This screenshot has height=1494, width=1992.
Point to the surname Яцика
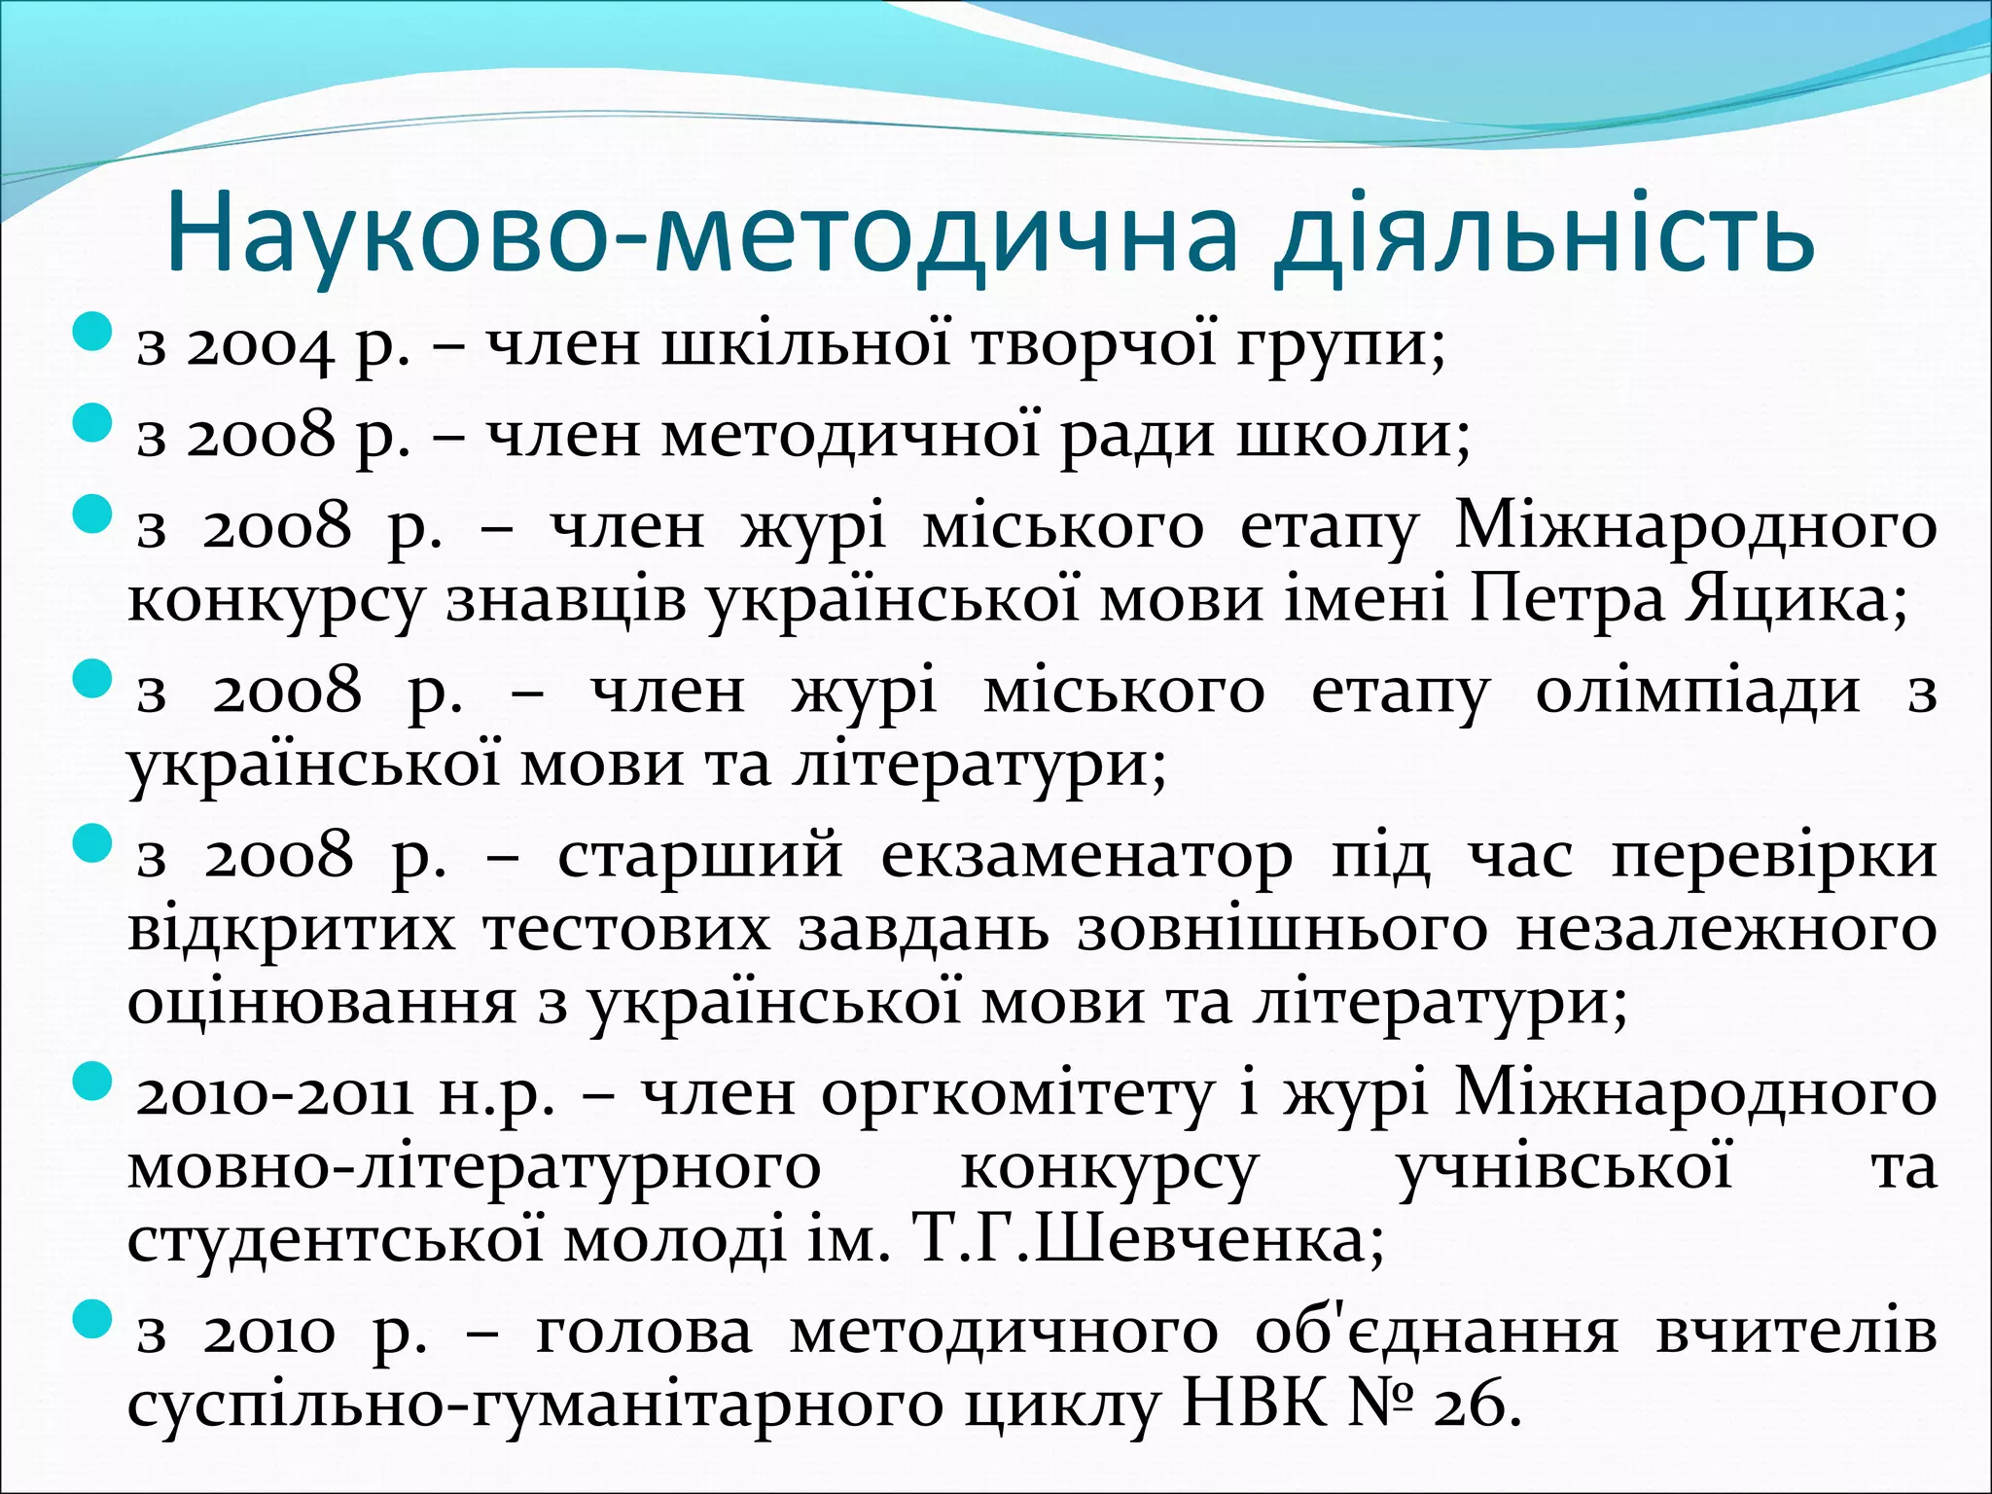1796,601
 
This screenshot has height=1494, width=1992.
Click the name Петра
1567,601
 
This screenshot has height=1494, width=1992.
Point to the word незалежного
1725,930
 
